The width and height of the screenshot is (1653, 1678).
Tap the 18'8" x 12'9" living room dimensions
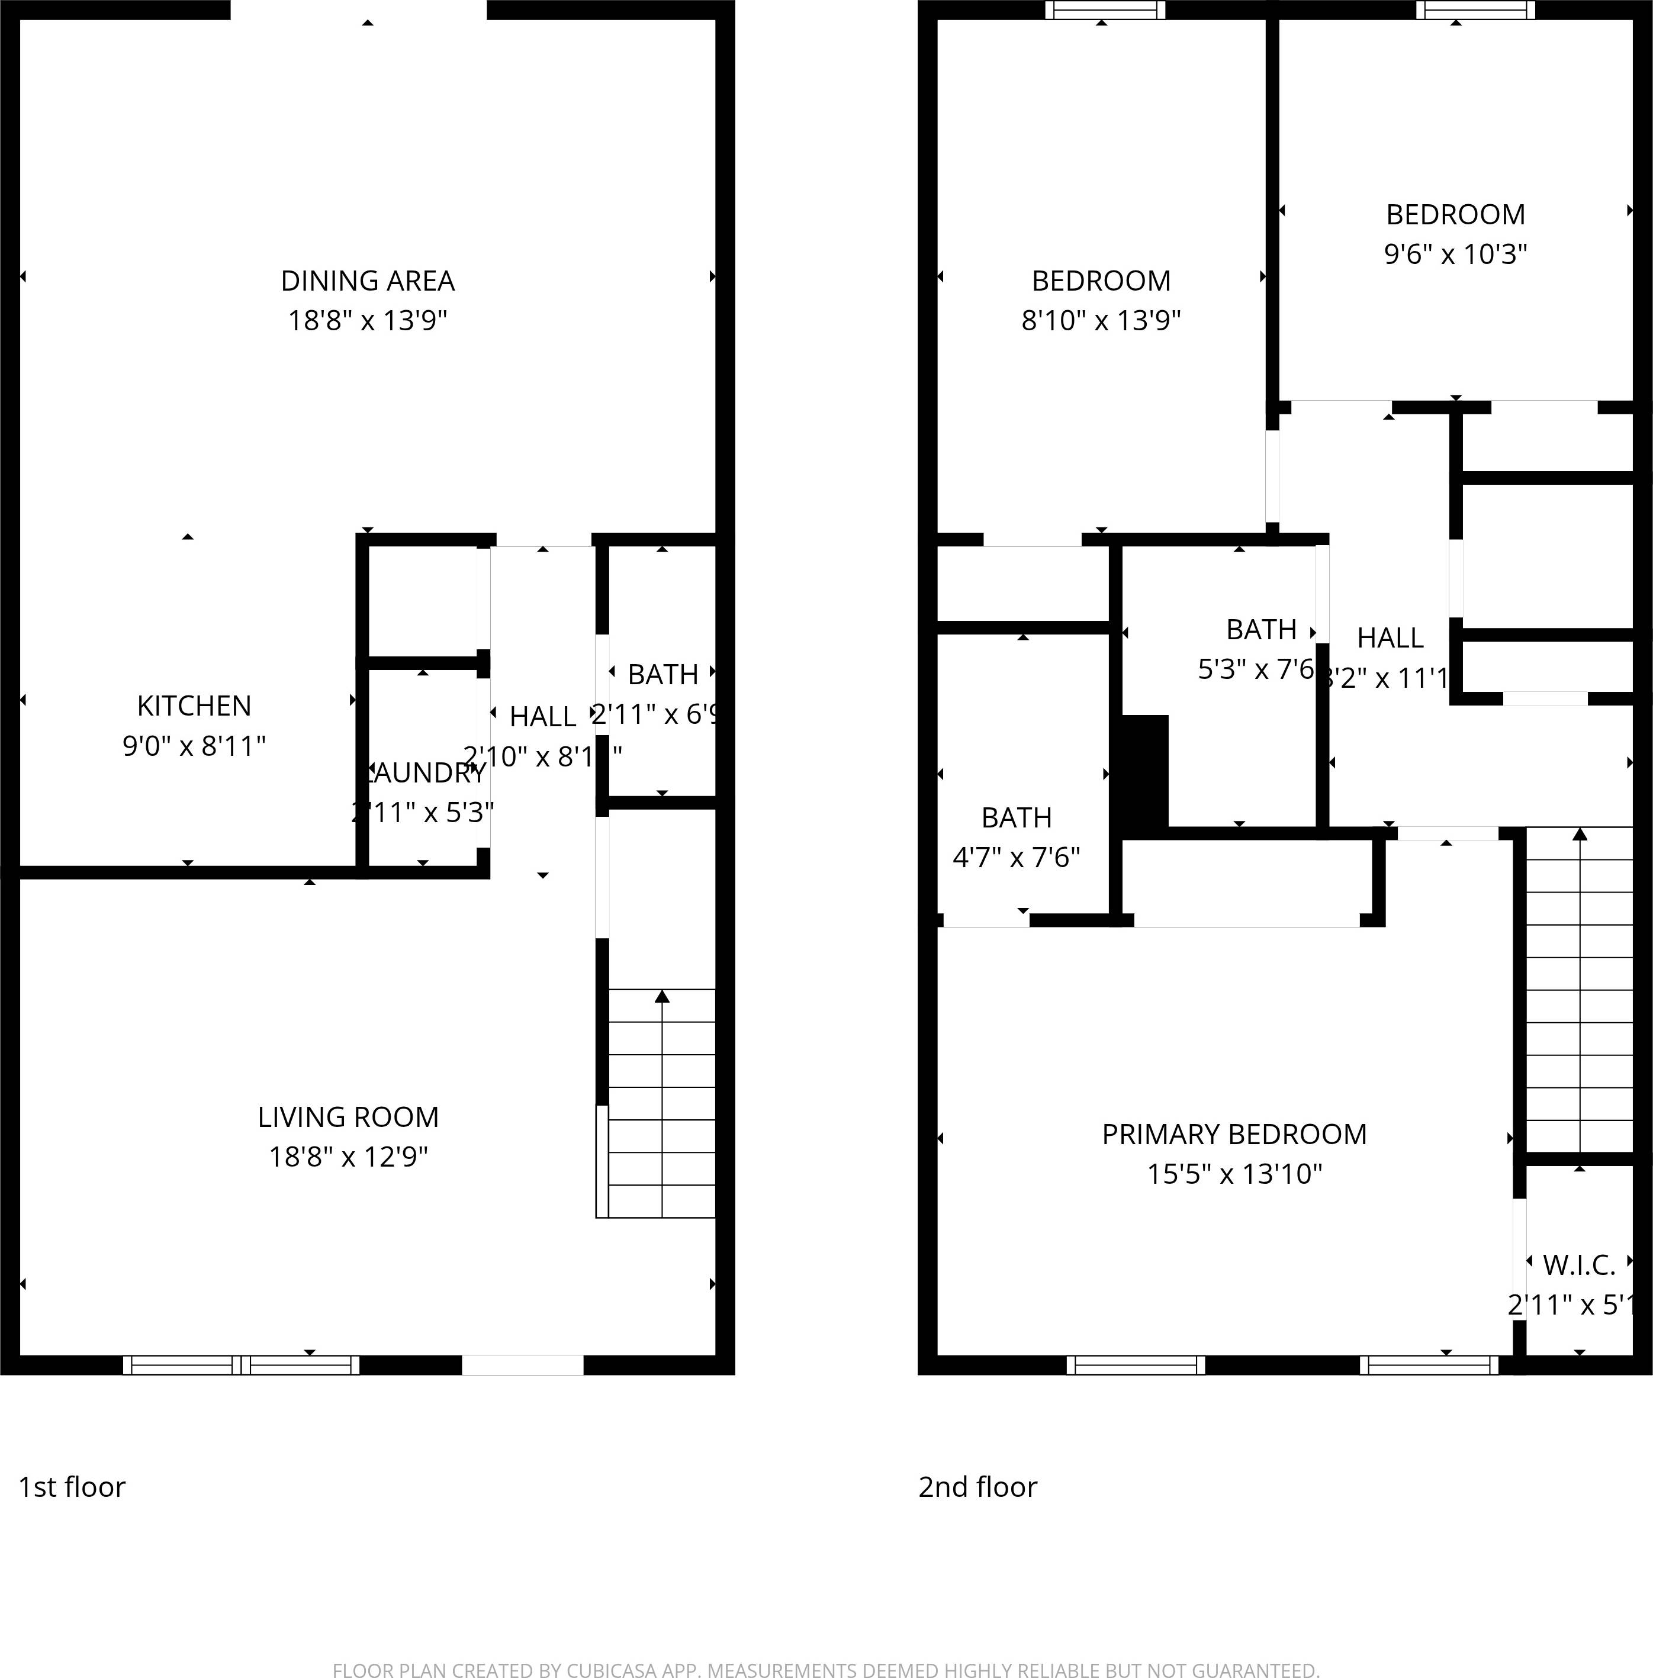[348, 1157]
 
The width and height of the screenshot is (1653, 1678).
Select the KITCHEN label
[194, 706]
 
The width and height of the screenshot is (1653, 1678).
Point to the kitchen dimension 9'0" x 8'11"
[194, 746]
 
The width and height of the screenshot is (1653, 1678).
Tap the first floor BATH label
[663, 675]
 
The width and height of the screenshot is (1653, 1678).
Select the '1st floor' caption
[72, 1487]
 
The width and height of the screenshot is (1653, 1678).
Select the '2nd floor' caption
[977, 1487]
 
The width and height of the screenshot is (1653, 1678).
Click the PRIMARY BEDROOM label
[1234, 1133]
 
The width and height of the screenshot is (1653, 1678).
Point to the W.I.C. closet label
[1578, 1265]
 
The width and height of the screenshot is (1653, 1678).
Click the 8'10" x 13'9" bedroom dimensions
[1101, 320]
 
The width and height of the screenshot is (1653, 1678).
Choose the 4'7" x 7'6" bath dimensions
[1016, 858]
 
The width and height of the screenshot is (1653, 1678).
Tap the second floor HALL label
[1390, 638]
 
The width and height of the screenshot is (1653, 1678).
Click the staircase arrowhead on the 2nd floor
[1580, 834]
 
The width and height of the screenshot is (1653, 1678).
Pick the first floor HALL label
[542, 717]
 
